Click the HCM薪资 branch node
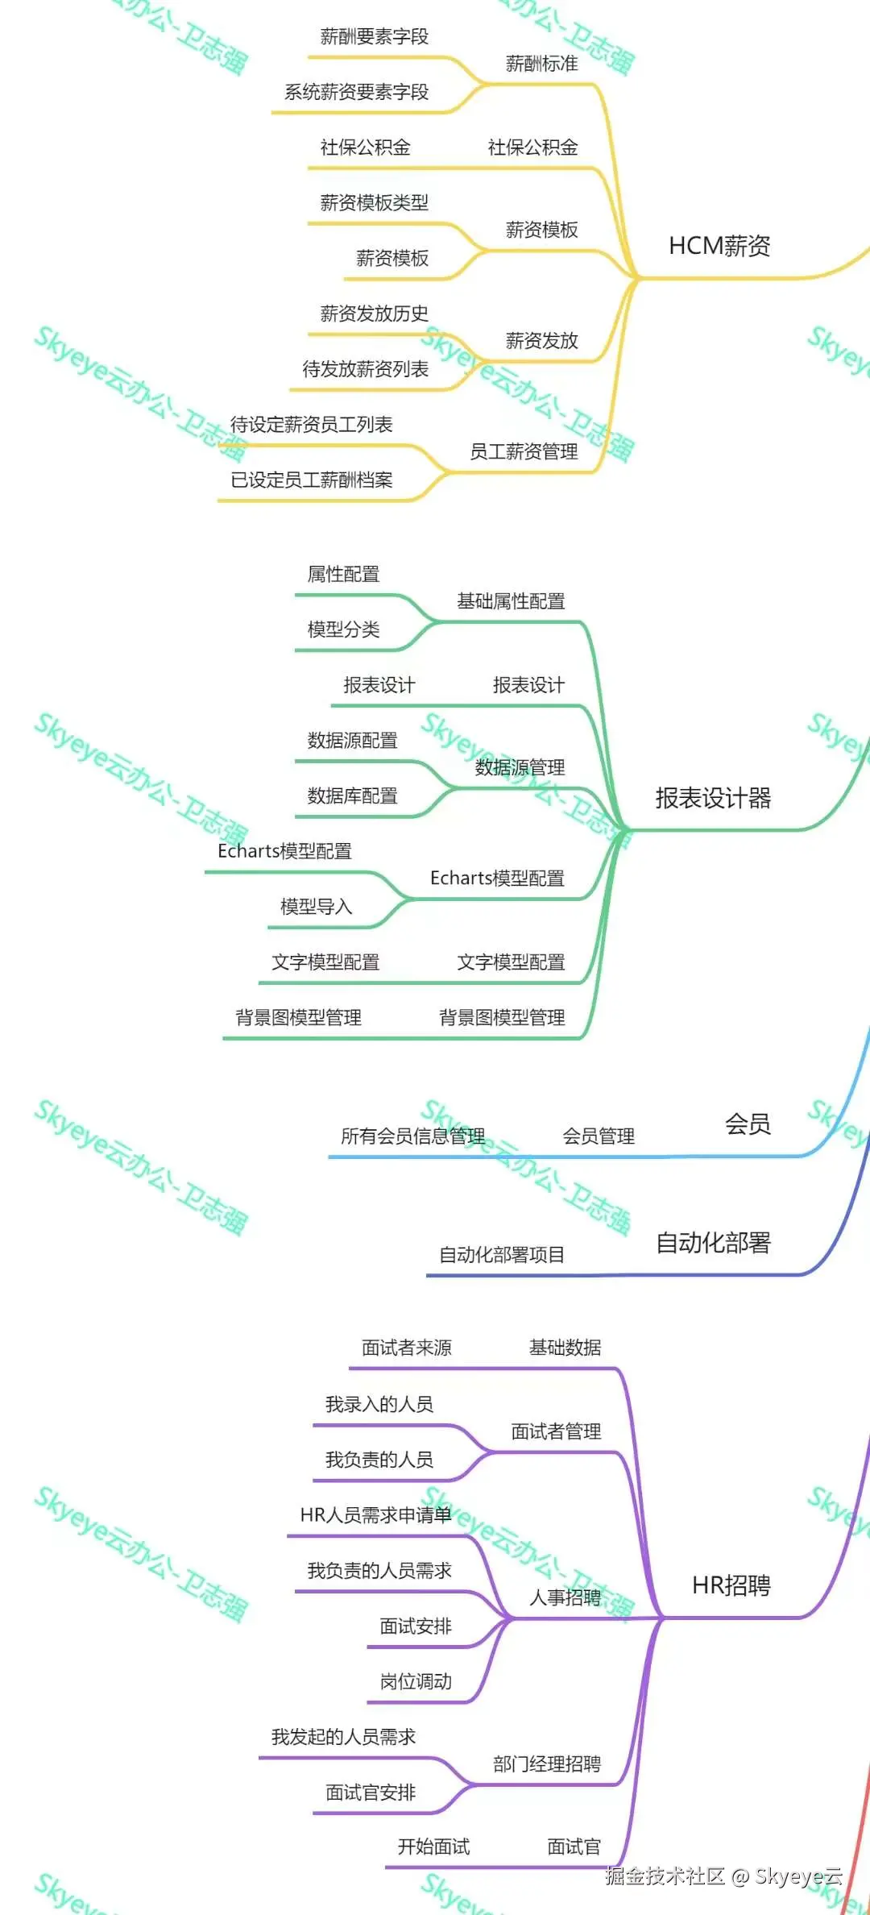point(719,246)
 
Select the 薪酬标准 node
point(541,64)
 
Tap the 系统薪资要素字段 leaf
point(356,92)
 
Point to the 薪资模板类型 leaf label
point(374,202)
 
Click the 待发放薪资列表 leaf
point(365,369)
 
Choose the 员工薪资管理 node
point(524,451)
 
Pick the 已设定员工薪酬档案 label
point(312,480)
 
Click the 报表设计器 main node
point(713,798)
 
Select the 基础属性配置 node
point(511,601)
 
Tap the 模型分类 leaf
point(343,629)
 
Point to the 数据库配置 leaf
point(352,796)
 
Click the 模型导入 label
point(316,907)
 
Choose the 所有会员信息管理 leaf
point(412,1136)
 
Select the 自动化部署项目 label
point(501,1255)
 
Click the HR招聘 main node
point(731,1585)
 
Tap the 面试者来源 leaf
point(406,1348)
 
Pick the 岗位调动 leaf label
point(416,1681)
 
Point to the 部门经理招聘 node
point(547,1764)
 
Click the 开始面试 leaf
point(433,1846)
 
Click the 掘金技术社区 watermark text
point(665,1876)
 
